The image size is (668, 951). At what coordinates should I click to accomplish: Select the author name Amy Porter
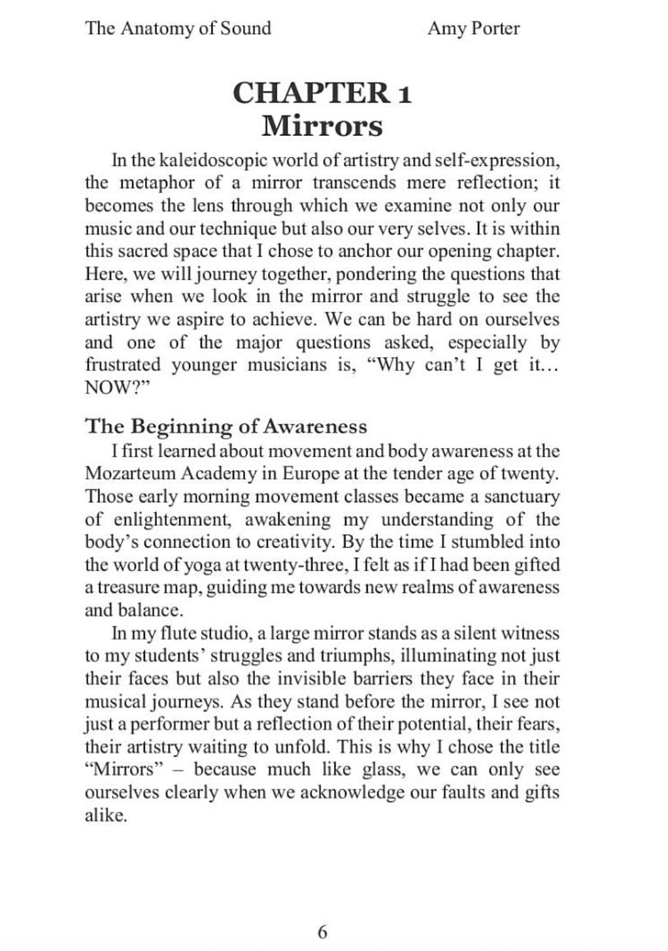click(x=473, y=29)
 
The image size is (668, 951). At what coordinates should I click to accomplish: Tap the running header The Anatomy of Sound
click(x=178, y=29)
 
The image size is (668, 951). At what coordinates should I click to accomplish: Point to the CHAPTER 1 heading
click(x=322, y=92)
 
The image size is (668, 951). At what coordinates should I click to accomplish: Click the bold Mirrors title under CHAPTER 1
click(x=322, y=125)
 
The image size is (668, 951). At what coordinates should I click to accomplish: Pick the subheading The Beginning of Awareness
click(x=226, y=427)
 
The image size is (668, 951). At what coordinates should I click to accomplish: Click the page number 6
click(x=322, y=931)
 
